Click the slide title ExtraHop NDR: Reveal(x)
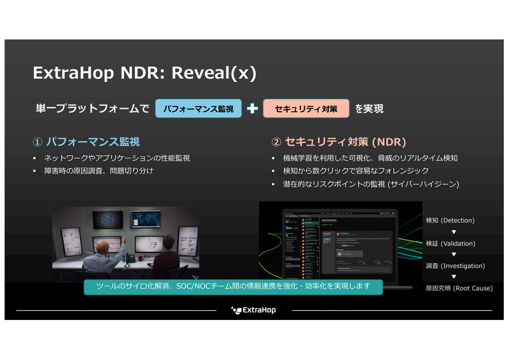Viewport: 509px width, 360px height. (x=144, y=73)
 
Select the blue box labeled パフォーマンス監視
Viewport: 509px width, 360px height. (x=198, y=109)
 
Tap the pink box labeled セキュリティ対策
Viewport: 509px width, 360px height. (x=305, y=109)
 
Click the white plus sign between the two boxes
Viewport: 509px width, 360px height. (x=252, y=109)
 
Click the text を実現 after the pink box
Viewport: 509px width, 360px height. (x=369, y=109)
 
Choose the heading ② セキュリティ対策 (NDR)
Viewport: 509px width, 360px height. (x=338, y=141)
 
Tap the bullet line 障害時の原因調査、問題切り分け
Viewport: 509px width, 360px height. (x=98, y=170)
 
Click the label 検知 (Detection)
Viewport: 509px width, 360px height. (x=450, y=220)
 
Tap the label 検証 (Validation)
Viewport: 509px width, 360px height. (x=450, y=243)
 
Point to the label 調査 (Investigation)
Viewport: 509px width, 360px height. (x=455, y=265)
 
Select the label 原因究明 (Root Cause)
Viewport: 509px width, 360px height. (x=459, y=288)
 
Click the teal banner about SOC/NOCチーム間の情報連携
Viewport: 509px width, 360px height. (x=233, y=286)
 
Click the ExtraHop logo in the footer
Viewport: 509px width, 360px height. (x=253, y=310)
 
